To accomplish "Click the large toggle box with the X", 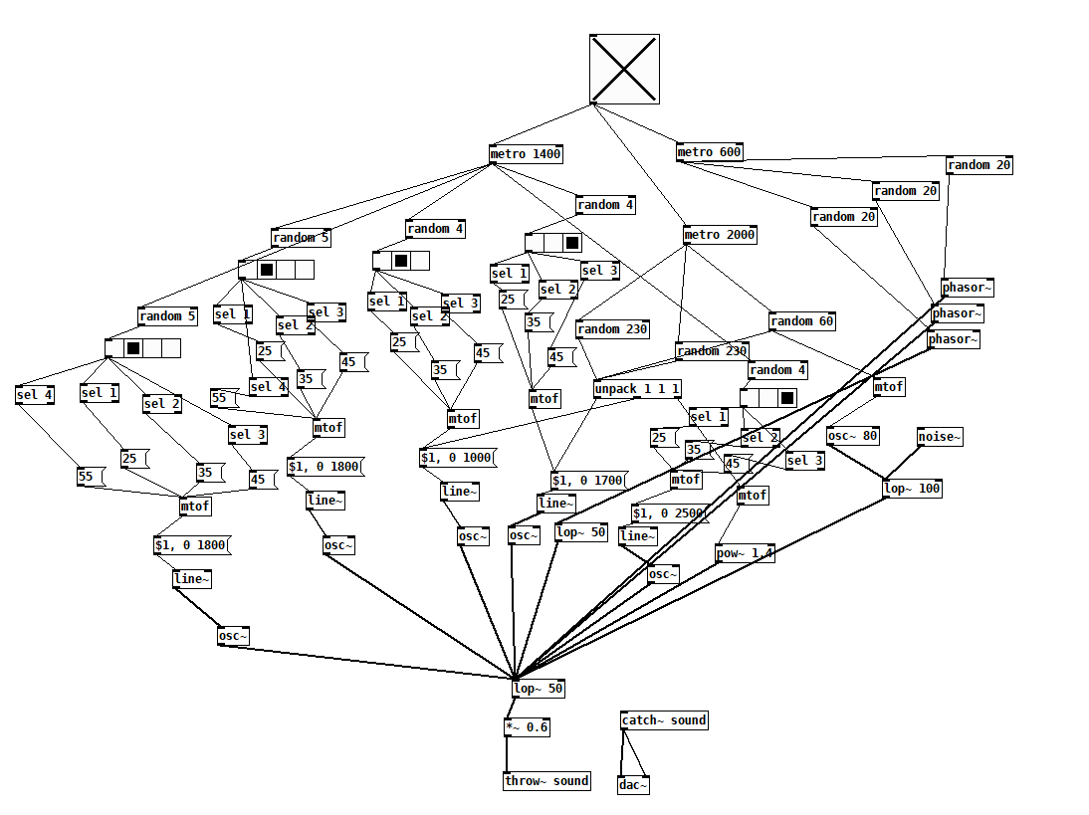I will (x=624, y=69).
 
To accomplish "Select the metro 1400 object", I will (x=526, y=154).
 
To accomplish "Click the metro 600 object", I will (x=710, y=152).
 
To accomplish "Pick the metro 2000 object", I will (x=720, y=235).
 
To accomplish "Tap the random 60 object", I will (x=801, y=321).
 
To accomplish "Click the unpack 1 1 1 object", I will (x=637, y=389).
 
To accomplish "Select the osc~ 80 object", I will (x=853, y=436).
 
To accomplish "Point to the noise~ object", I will (x=941, y=436).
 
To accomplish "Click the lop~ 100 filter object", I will (x=912, y=489).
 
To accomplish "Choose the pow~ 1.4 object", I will (x=745, y=553).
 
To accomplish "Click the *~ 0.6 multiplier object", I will (x=527, y=727).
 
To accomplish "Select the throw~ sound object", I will (x=546, y=781).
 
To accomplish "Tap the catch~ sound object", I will (x=664, y=720).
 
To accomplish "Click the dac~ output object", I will (x=633, y=785).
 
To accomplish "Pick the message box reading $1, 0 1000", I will (x=457, y=458).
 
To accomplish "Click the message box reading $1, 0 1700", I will (x=587, y=481).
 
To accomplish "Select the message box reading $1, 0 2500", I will (x=669, y=513).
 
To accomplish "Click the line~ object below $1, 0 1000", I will (x=460, y=491).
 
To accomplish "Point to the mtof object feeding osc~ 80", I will (x=889, y=387).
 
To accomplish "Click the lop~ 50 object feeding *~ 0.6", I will (x=539, y=689).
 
